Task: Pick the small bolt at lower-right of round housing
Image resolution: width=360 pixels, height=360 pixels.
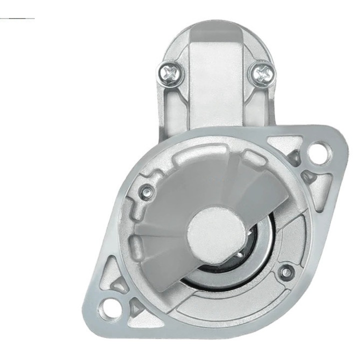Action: coord(285,272)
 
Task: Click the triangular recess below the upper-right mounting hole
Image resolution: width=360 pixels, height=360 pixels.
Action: coord(319,182)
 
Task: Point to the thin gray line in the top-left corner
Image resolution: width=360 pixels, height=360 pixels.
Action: coord(18,18)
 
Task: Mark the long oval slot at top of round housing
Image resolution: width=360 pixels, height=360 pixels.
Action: coord(200,149)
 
